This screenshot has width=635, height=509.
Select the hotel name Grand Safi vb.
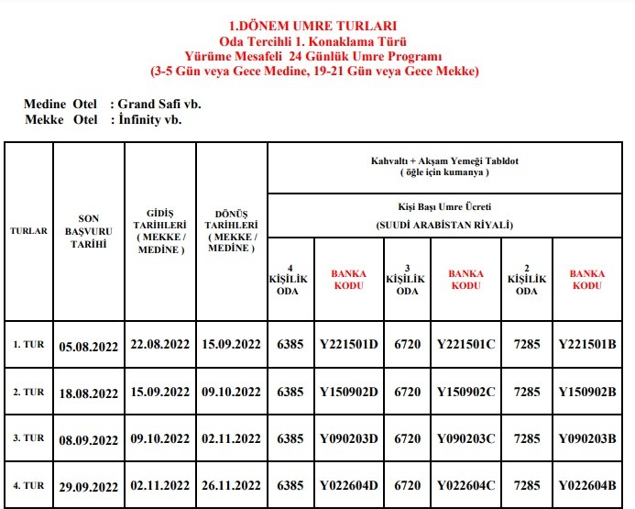coord(159,105)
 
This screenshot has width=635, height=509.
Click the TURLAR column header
coord(28,231)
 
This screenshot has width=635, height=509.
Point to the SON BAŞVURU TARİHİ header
coord(88,231)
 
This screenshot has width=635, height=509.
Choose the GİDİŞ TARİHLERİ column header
coord(159,231)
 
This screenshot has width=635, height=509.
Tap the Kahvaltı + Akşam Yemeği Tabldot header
coord(445,165)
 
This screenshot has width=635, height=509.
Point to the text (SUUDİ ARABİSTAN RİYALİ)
coord(445,224)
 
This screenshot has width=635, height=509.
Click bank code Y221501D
coord(348,345)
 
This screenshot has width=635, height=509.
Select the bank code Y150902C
coord(466,392)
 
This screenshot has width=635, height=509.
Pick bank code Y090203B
coord(587,438)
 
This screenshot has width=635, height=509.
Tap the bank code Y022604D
coord(348,485)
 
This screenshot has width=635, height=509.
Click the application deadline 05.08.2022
coord(89,347)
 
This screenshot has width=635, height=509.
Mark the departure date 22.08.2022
coord(160,345)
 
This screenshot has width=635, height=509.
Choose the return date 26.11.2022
coord(231,485)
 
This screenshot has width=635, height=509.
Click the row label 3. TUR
coord(28,438)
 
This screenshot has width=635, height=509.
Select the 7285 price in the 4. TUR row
coord(527,485)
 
